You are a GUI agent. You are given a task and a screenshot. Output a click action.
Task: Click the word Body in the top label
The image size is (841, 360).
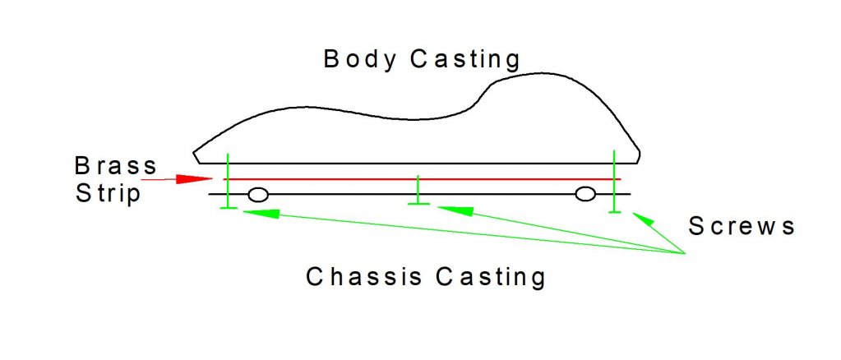[359, 60]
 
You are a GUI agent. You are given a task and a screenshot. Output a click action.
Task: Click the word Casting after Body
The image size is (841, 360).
[465, 60]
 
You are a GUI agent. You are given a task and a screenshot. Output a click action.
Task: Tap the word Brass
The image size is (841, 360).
[115, 166]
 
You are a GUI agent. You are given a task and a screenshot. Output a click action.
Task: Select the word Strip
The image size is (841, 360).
[108, 193]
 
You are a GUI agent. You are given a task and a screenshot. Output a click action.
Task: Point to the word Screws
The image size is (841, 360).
[742, 226]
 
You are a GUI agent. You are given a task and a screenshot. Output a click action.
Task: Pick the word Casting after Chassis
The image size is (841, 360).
[490, 278]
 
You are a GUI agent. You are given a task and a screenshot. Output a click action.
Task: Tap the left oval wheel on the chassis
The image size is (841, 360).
[258, 194]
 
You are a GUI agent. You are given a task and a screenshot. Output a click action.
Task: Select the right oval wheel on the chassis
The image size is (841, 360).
[585, 194]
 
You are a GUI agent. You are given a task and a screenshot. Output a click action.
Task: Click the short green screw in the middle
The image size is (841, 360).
[418, 190]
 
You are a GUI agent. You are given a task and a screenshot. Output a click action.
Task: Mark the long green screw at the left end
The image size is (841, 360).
[229, 181]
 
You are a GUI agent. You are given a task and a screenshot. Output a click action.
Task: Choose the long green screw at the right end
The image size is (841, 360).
[614, 182]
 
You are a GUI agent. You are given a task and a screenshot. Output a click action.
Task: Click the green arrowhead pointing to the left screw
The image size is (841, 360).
[260, 214]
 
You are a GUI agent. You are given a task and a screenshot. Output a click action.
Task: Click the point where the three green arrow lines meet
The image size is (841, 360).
[686, 252]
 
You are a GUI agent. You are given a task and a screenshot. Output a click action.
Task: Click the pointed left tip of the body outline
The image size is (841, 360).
[194, 155]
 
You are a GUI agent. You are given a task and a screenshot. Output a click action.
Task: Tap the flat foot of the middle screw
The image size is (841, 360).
[418, 204]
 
